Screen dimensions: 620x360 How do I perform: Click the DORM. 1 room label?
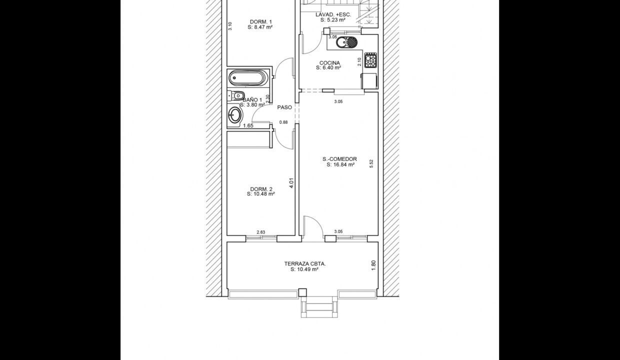261,22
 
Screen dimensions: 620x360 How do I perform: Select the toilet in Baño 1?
236,95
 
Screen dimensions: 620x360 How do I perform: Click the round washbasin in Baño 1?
235,115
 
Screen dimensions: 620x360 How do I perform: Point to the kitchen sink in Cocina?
346,42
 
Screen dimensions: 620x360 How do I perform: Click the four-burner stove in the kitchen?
370,60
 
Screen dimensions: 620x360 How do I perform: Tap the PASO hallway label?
284,107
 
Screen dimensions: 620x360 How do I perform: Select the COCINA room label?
329,63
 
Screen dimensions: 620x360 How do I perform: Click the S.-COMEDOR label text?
339,159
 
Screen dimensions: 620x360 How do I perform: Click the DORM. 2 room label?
261,189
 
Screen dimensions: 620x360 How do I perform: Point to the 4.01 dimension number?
291,183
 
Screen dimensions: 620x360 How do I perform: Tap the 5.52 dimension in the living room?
371,163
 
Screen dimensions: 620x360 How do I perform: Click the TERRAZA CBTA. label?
305,264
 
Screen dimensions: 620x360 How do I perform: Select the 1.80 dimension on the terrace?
373,265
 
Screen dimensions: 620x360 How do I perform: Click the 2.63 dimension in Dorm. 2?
260,232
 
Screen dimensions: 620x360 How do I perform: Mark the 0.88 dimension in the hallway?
283,122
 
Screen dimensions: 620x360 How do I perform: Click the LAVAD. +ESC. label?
333,14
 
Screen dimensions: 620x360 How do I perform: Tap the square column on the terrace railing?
302,292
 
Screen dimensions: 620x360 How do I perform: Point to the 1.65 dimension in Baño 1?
248,125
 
